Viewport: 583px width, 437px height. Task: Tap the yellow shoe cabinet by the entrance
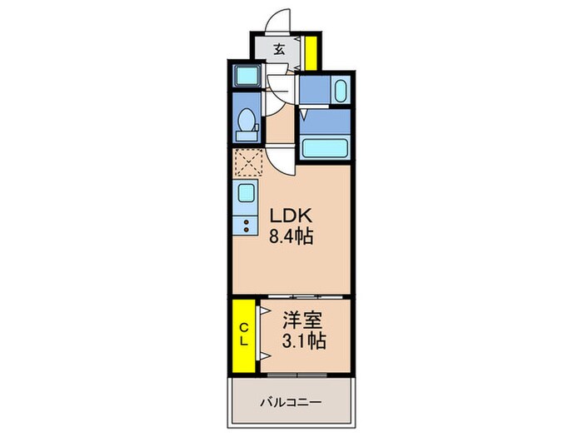point(310,52)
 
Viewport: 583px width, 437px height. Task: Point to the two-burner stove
point(248,224)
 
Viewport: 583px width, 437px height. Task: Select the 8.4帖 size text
point(291,236)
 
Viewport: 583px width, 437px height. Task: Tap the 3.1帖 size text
point(304,340)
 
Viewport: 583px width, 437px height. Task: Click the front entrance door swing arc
point(281,21)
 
